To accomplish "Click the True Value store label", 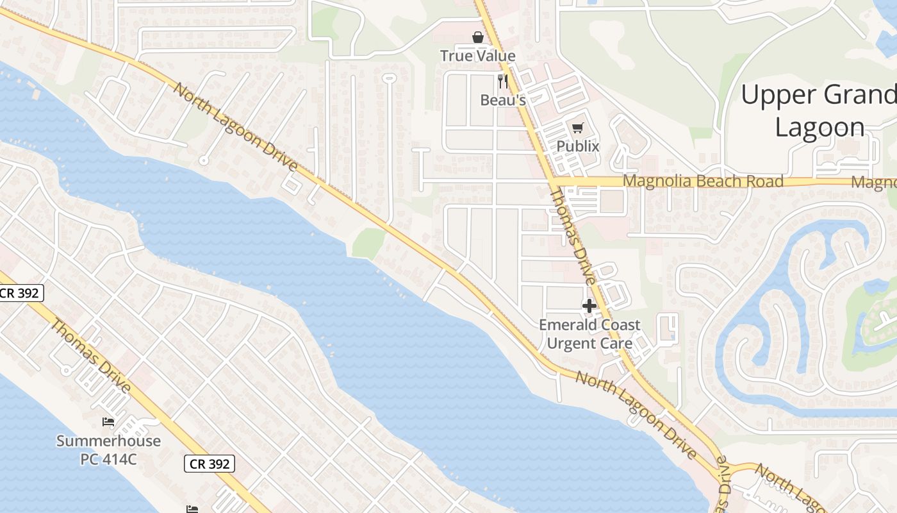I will point(477,56).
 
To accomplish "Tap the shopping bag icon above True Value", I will point(477,37).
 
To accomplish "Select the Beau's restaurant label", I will point(503,100).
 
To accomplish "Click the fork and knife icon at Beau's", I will point(503,81).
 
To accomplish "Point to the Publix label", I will point(578,146).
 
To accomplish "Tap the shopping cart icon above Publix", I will point(578,128).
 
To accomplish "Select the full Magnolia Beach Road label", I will point(703,181).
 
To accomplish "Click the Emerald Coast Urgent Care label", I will point(589,334).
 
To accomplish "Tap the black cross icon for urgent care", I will point(589,306).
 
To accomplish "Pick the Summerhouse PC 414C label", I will point(108,450).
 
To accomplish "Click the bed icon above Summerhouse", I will point(108,422).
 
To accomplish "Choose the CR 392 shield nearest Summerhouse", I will point(210,464).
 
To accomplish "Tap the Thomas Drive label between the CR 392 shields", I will point(90,356).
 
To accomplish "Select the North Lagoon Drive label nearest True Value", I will point(236,128).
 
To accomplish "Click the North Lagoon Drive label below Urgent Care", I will point(636,414).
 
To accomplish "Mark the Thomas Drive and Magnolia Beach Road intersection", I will point(553,181).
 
